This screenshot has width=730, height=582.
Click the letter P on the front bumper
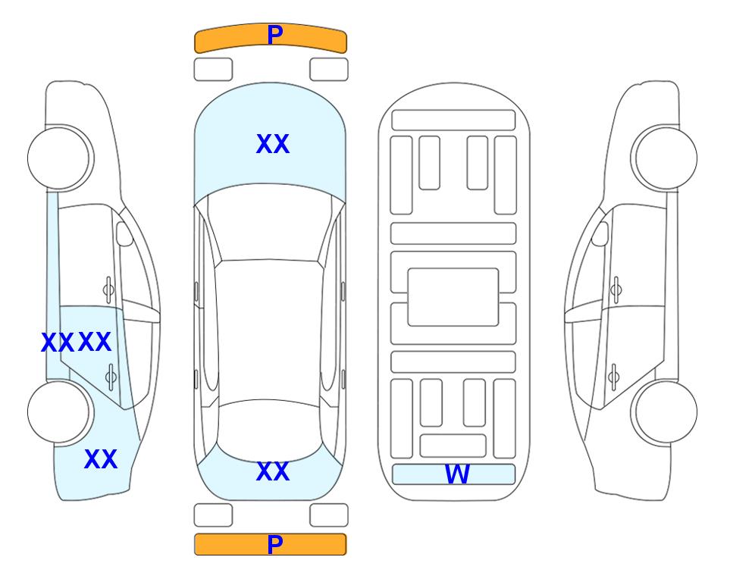(275, 35)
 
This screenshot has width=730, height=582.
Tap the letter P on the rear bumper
(275, 544)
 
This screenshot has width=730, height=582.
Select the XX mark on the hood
(273, 144)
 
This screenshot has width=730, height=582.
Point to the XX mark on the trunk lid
(273, 471)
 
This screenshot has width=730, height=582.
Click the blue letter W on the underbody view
(457, 474)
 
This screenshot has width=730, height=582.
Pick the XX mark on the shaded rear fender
(101, 459)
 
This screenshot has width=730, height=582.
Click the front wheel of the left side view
(61, 158)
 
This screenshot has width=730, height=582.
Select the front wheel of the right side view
(664, 158)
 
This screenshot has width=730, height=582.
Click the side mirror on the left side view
(124, 233)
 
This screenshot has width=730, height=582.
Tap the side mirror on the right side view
(600, 233)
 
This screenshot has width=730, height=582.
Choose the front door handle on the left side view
(108, 289)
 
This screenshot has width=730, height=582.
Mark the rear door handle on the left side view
(111, 377)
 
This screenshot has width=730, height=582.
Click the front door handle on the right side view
(616, 289)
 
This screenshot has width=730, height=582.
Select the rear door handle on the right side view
(613, 377)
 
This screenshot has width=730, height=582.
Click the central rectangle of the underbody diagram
(453, 297)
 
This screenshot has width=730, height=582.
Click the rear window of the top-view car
(270, 430)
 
